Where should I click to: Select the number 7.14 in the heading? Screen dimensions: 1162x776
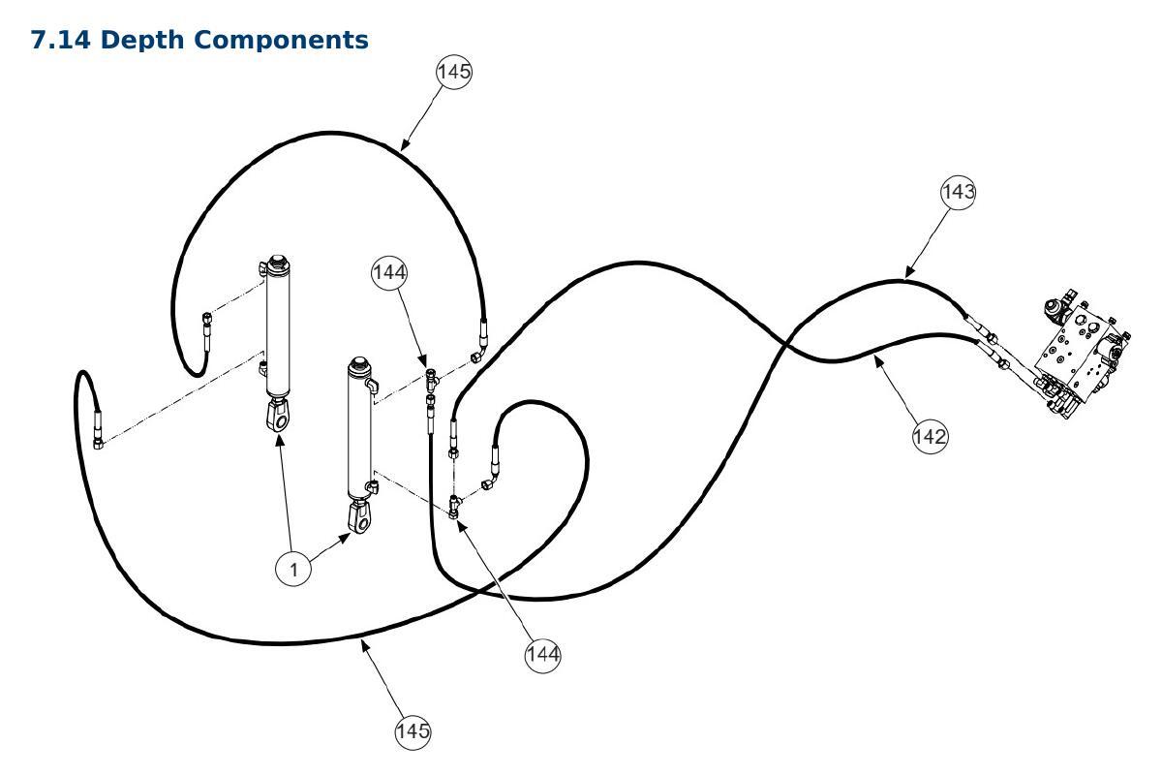61,40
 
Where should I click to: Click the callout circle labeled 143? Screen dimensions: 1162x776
958,192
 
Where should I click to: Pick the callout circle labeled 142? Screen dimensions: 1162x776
931,436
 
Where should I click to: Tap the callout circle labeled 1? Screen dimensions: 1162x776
293,569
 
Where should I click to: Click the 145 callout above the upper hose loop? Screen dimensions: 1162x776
454,72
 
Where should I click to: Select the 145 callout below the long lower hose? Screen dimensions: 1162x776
413,730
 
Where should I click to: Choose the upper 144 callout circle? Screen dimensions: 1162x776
389,272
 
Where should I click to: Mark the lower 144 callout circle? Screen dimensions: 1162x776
542,654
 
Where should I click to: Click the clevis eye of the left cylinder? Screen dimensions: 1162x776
278,417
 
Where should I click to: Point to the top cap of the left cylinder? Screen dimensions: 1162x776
278,262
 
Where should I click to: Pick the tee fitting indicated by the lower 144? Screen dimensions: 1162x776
455,506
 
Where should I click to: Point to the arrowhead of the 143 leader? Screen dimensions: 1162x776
909,273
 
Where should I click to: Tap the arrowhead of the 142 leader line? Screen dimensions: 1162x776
877,360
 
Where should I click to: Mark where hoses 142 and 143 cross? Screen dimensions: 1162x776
786,344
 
